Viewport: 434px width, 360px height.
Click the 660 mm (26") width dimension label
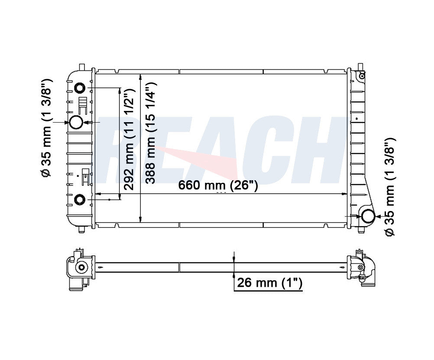pyautogui.click(x=218, y=185)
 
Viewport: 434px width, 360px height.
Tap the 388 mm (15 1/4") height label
pyautogui.click(x=151, y=133)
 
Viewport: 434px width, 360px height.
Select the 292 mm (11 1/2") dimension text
pyautogui.click(x=129, y=139)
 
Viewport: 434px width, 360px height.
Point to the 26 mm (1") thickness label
pyautogui.click(x=269, y=283)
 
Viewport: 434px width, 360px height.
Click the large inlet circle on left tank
pyautogui.click(x=76, y=122)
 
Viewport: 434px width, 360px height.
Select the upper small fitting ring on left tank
pyautogui.click(x=80, y=88)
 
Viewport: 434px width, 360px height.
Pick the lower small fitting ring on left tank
pyautogui.click(x=80, y=200)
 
